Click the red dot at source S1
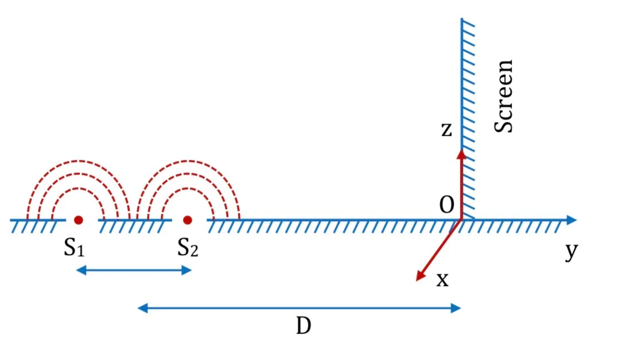79,220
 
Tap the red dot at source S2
188,220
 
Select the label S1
75,248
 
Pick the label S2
188,248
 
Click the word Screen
504,96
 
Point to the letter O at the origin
446,205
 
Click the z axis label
446,130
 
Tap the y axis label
571,251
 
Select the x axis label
442,280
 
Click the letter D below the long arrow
303,326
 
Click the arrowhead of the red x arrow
419,277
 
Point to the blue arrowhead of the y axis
572,220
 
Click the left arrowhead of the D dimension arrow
142,308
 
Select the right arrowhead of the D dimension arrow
456,308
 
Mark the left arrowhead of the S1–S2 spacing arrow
81,271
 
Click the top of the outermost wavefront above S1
79,161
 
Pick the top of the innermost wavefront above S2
188,189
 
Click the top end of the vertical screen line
462,18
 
